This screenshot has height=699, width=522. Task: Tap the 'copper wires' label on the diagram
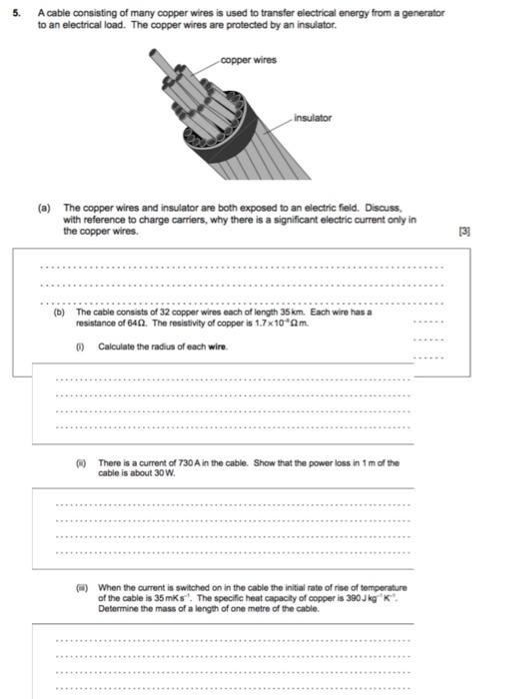click(248, 60)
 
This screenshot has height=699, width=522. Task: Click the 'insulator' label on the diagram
click(312, 118)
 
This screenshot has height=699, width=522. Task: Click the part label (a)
click(43, 209)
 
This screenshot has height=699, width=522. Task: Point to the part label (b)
click(59, 312)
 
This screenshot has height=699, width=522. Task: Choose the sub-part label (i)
click(81, 347)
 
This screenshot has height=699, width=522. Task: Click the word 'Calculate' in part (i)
click(118, 347)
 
